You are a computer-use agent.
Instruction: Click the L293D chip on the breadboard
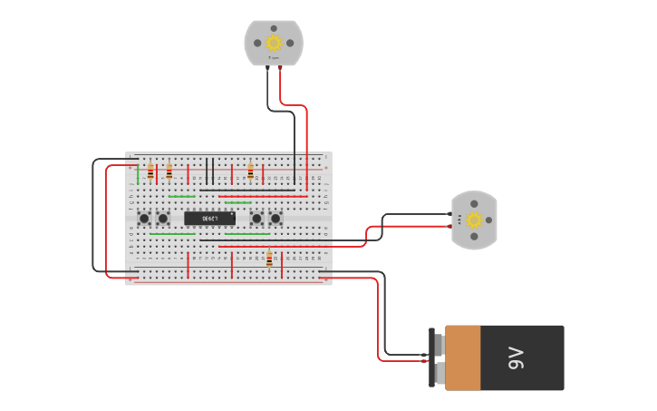[209, 218]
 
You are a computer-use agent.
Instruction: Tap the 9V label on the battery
[516, 357]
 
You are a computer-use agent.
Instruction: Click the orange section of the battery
[462, 357]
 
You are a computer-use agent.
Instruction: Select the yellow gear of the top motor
[274, 42]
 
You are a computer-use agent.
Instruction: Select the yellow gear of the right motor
[474, 220]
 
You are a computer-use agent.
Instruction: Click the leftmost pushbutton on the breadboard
[144, 218]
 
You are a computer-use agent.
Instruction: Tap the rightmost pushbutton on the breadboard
[275, 218]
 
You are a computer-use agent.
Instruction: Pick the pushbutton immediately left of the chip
[163, 218]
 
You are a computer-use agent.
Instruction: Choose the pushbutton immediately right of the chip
[256, 218]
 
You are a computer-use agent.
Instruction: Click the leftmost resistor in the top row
[150, 171]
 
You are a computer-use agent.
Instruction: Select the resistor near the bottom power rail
[269, 259]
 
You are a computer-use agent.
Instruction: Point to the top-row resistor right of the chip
[250, 171]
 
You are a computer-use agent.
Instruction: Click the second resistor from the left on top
[169, 171]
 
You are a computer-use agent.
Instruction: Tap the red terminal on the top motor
[279, 67]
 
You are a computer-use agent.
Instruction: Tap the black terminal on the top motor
[267, 67]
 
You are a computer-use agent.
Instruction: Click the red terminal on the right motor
[450, 225]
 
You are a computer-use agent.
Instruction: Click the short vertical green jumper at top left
[139, 174]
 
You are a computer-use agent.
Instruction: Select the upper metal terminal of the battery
[439, 345]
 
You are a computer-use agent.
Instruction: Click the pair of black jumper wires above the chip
[209, 171]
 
